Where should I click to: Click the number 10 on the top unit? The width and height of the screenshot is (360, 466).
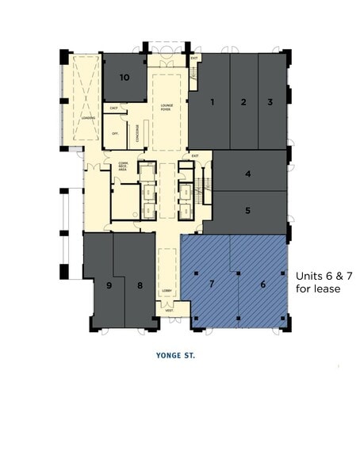pos(124,78)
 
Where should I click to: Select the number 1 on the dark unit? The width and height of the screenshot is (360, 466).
pos(213,102)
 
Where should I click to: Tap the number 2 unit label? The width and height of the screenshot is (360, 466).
pos(243,102)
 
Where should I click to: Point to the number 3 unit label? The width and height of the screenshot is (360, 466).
pos(270,102)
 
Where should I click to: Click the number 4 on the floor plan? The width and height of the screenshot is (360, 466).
pos(248,174)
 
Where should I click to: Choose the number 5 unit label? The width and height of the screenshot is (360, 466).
pos(248,211)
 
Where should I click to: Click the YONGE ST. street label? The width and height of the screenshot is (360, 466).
pos(176,356)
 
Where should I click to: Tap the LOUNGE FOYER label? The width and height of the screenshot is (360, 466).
pos(167,108)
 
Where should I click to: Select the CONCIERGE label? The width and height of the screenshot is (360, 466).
pos(139,133)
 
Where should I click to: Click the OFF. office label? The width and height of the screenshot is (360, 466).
pos(115,133)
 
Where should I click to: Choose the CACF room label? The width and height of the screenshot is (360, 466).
pos(114,108)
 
